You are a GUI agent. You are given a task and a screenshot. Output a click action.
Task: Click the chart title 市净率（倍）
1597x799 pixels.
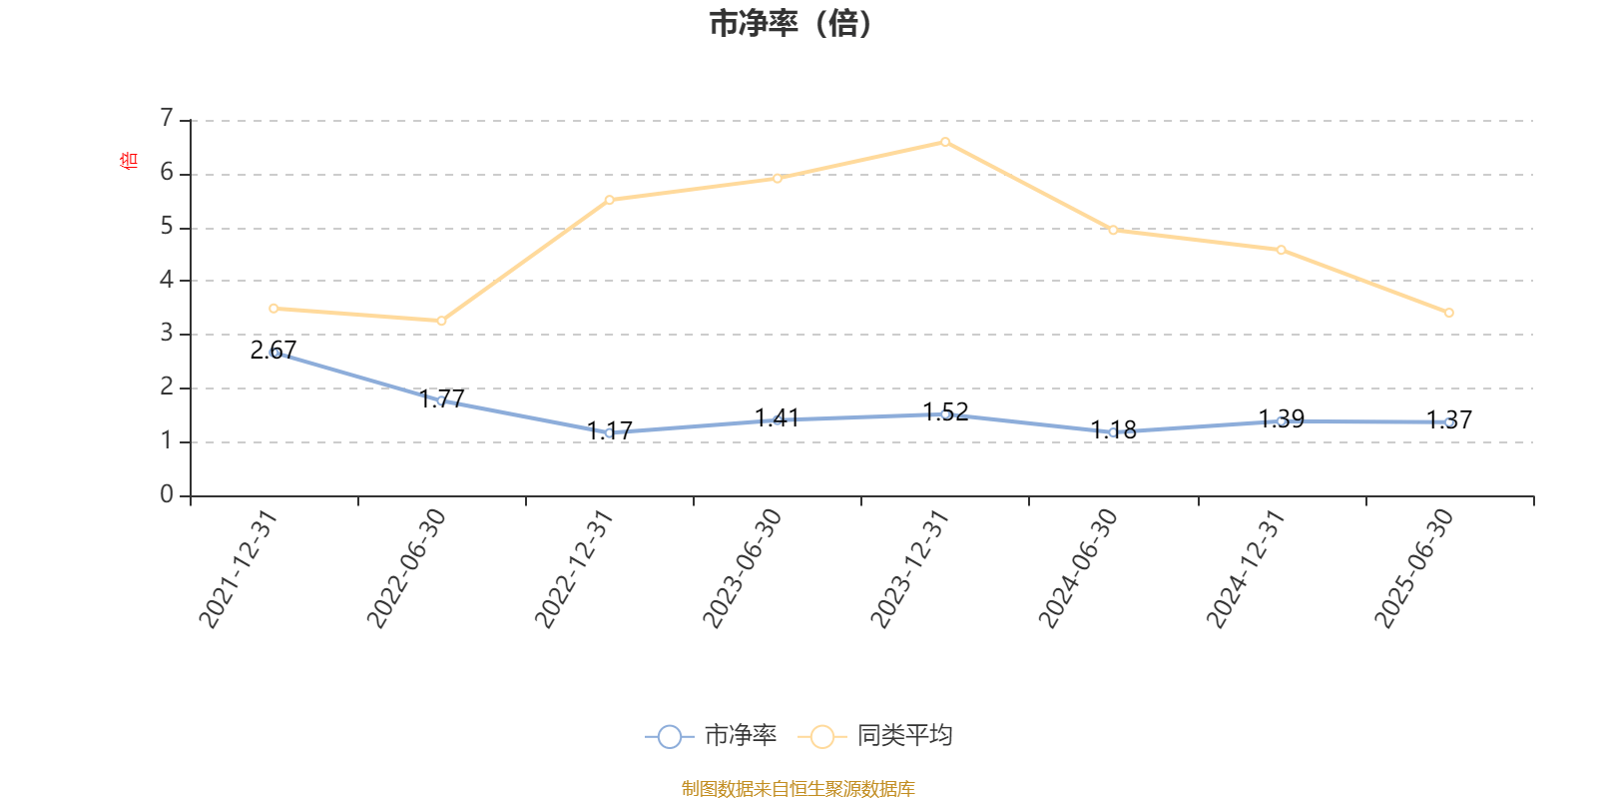[791, 24]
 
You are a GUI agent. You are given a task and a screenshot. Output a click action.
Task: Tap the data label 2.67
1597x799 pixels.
[273, 350]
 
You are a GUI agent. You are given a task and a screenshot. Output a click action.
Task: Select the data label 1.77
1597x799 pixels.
[442, 399]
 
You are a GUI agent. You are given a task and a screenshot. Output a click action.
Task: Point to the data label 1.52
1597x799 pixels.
[945, 411]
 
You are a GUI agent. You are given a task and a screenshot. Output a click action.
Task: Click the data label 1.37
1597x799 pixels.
[1449, 419]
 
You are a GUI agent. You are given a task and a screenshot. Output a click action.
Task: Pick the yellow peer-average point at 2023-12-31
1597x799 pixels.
[945, 142]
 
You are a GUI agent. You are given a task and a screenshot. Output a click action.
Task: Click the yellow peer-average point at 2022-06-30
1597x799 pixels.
[441, 321]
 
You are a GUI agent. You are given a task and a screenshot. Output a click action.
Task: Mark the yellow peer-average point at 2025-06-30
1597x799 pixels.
[1449, 313]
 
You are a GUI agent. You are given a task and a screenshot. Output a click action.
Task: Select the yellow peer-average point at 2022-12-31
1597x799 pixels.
[610, 200]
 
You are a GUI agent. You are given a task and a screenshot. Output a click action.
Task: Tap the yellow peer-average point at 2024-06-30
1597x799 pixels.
[1113, 230]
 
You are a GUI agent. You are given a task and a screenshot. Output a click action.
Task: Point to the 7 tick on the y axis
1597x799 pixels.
[167, 119]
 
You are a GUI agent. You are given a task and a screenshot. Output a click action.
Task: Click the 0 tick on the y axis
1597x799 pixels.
[167, 495]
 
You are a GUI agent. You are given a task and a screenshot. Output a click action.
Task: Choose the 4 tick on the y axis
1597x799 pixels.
[167, 281]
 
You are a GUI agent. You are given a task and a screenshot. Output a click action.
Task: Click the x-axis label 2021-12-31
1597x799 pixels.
[238, 569]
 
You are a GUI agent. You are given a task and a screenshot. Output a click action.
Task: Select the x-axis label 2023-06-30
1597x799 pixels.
[742, 569]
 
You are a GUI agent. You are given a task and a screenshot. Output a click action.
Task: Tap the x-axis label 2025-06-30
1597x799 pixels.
[1413, 569]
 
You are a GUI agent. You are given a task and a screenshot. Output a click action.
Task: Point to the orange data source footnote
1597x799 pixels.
[798, 789]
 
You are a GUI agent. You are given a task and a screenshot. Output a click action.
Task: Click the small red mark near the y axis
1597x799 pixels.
[128, 160]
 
